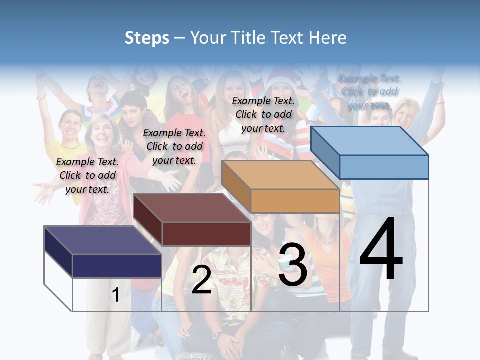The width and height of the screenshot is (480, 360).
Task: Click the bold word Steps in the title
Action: point(147,38)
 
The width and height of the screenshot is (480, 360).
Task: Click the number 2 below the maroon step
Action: point(201,280)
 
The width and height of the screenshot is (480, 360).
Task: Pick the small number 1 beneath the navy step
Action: point(115,295)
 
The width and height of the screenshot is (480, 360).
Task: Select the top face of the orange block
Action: point(280,175)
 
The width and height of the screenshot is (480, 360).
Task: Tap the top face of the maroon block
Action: point(192,207)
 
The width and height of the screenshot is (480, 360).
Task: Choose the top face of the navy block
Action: point(102,240)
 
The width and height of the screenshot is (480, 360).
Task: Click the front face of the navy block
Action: point(117,266)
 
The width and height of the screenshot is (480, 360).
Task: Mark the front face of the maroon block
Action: point(206,234)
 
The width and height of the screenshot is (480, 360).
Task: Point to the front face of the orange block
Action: point(295,201)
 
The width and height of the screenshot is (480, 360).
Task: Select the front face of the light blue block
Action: point(384,166)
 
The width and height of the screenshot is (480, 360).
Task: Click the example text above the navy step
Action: point(87,175)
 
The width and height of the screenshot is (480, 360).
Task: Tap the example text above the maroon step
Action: point(174,146)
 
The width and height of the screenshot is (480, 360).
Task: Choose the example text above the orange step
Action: point(263,114)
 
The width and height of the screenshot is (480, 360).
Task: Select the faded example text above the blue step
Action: point(369,92)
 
